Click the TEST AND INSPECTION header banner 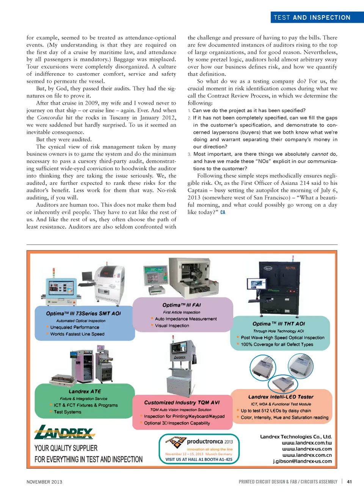pyautogui.click(x=312, y=17)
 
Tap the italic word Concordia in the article pyautogui.click(x=50, y=118)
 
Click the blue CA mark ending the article pyautogui.click(x=223, y=212)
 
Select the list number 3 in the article pyautogui.click(x=189, y=154)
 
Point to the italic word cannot pyautogui.click(x=320, y=154)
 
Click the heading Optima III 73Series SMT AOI pyautogui.click(x=83, y=314)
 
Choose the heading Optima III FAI pyautogui.click(x=182, y=305)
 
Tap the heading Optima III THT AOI pyautogui.click(x=279, y=324)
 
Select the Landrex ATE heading pyautogui.click(x=85, y=391)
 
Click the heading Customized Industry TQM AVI pyautogui.click(x=182, y=402)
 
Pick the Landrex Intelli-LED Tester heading pyautogui.click(x=281, y=397)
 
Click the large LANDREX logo pyautogui.click(x=64, y=432)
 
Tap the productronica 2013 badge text pyautogui.click(x=210, y=442)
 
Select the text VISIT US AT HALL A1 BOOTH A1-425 pyautogui.click(x=199, y=459)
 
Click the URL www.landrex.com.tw pyautogui.click(x=307, y=443)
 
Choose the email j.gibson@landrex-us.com pyautogui.click(x=302, y=461)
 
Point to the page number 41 pyautogui.click(x=349, y=482)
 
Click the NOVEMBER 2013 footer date pyautogui.click(x=44, y=482)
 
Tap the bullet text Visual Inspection pyautogui.click(x=172, y=326)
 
